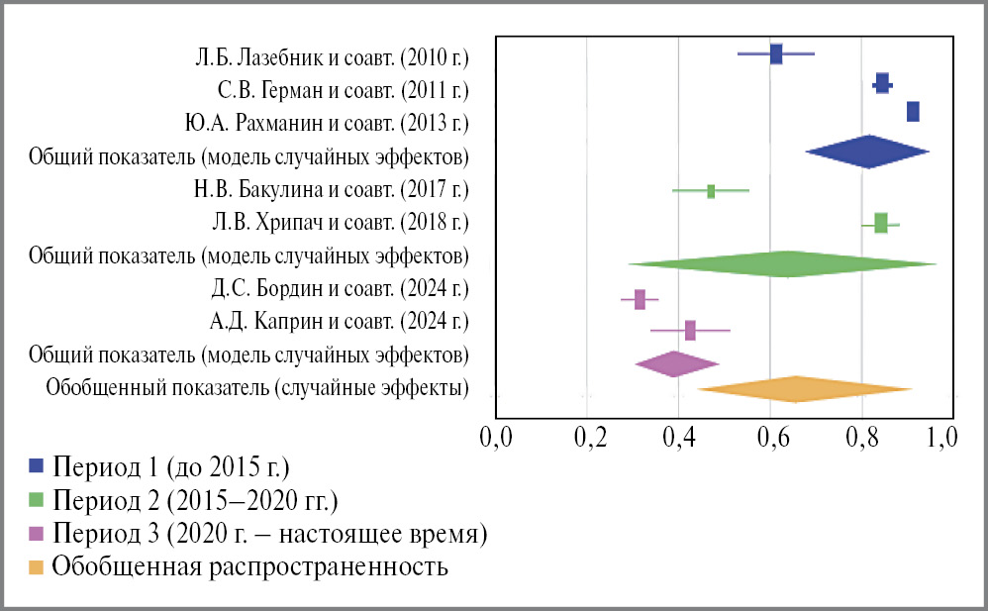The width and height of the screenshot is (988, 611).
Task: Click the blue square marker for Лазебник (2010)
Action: (776, 53)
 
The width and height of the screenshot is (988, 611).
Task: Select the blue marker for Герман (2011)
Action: (882, 85)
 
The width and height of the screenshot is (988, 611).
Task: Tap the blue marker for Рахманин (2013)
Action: (913, 111)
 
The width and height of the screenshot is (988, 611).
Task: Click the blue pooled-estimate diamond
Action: (868, 152)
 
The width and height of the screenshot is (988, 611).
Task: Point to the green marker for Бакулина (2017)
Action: (711, 191)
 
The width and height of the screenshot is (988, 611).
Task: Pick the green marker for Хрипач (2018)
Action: (880, 223)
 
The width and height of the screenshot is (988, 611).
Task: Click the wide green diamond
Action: (787, 263)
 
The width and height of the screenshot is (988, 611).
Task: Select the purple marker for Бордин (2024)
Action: (640, 299)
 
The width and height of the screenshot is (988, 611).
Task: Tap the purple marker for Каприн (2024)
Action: (690, 331)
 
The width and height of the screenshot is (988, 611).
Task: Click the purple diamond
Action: (676, 364)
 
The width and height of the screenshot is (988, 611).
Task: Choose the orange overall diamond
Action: (797, 389)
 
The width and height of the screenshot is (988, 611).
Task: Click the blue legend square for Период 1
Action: (38, 465)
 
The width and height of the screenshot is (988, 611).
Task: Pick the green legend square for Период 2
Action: (38, 499)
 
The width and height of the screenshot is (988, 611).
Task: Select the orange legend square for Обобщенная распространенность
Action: (38, 567)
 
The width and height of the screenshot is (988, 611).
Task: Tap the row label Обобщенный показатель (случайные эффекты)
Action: (257, 387)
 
